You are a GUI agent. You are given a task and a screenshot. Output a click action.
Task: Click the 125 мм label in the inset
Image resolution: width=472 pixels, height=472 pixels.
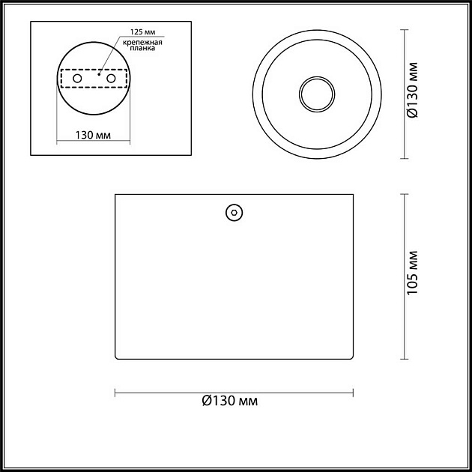point(142,32)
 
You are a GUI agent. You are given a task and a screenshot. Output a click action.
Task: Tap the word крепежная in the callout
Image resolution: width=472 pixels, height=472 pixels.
point(142,42)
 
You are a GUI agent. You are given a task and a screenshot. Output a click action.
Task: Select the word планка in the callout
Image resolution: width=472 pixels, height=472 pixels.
point(142,48)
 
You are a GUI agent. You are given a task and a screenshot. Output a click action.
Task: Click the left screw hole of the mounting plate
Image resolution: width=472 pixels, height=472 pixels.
point(77,79)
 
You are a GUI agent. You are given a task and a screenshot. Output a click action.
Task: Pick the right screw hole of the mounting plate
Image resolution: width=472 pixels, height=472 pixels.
point(111,79)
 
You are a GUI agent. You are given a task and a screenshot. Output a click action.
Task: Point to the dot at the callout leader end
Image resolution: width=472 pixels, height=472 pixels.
point(99,73)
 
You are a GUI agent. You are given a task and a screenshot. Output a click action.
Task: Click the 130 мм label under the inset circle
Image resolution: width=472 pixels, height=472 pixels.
point(93,136)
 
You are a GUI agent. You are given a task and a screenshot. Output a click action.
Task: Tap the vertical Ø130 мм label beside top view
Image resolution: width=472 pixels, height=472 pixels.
point(412,90)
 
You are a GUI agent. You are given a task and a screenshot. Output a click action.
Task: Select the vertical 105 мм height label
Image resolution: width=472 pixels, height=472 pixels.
point(412,273)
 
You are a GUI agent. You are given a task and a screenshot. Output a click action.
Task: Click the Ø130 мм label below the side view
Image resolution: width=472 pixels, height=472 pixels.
point(230,401)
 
